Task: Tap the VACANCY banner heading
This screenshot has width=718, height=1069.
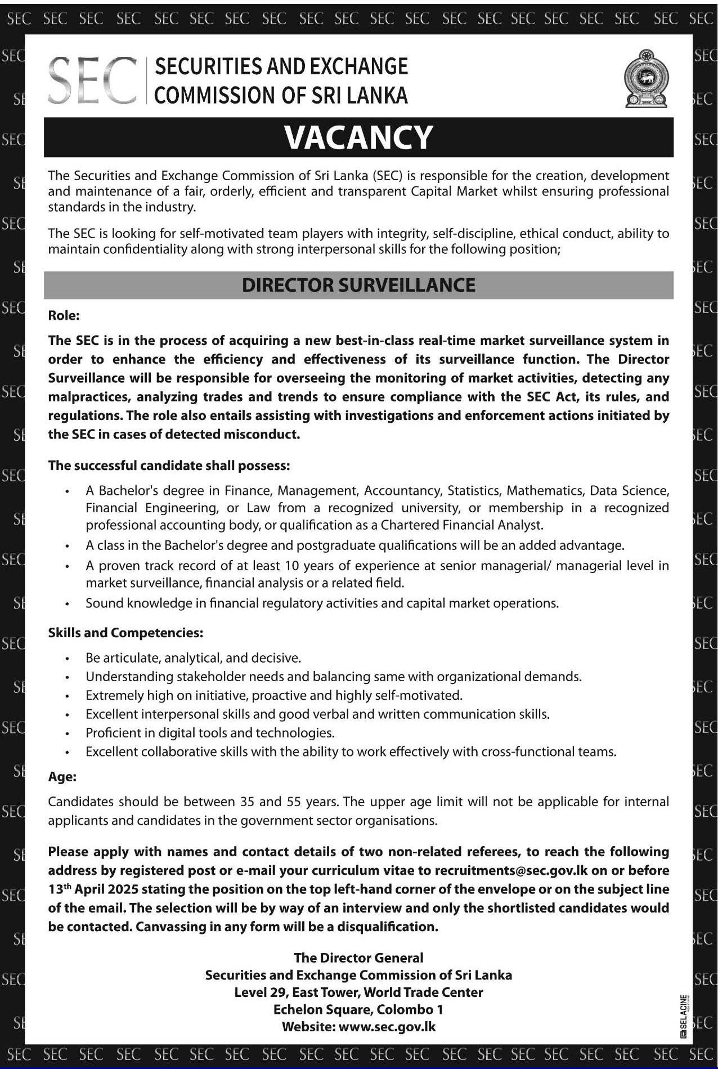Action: (358, 137)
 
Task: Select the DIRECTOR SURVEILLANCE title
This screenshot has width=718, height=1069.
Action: (358, 285)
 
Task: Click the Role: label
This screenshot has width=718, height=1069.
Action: (64, 315)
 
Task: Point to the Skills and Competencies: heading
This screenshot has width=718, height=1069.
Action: (125, 633)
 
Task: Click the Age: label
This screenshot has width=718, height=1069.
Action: (62, 777)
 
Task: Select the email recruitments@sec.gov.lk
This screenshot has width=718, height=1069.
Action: (511, 870)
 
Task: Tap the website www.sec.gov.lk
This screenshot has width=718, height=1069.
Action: (387, 1026)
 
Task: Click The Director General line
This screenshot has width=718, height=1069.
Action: (358, 958)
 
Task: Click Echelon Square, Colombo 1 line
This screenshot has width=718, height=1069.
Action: (358, 1009)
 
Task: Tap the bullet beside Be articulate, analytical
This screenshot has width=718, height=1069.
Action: (68, 658)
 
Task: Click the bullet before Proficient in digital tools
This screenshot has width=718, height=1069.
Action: (68, 733)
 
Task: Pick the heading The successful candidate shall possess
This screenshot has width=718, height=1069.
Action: (169, 466)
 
